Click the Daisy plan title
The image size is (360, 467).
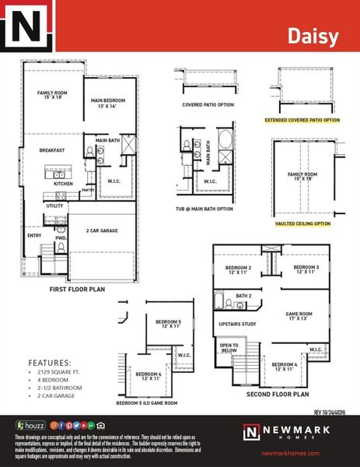point(313,36)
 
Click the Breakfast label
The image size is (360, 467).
point(51,150)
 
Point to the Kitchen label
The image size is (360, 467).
point(64,184)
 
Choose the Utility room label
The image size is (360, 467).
point(54,205)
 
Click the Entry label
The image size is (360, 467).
point(35,234)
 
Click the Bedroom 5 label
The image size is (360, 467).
point(168,324)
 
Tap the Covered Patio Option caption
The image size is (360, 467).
point(208,104)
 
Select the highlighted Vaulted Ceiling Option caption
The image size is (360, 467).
point(303,223)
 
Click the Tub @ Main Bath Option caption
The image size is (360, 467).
point(204,209)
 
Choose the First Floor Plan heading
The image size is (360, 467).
point(77,289)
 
